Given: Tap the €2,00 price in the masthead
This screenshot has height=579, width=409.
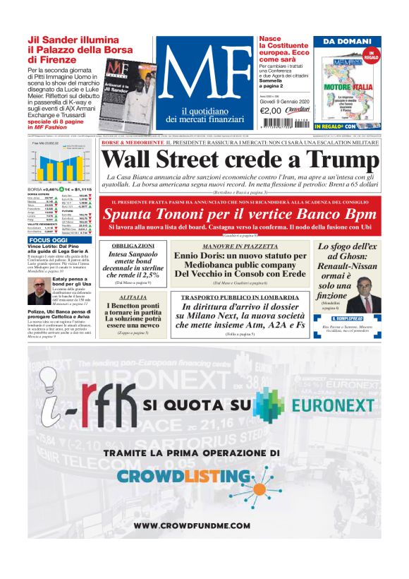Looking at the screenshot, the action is [271, 110].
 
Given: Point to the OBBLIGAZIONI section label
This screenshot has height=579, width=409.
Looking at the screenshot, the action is [133, 246].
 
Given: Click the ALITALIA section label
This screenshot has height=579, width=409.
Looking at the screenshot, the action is [133, 297].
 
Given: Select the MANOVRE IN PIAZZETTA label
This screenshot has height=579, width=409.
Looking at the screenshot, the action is [240, 246].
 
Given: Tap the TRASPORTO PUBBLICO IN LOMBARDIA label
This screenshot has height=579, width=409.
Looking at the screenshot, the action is [240, 297].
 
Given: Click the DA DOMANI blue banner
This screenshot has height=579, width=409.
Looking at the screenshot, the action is [347, 42].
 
